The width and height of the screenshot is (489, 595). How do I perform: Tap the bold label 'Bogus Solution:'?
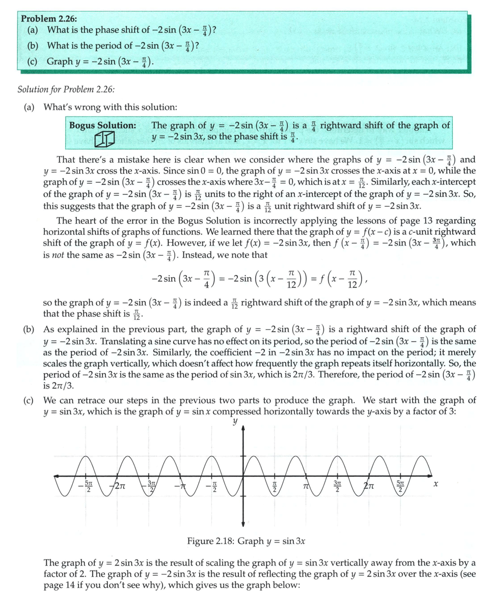click(102, 125)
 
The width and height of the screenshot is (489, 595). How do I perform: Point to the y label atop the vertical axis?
click(235, 422)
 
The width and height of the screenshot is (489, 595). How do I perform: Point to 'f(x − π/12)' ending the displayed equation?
click(332, 277)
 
